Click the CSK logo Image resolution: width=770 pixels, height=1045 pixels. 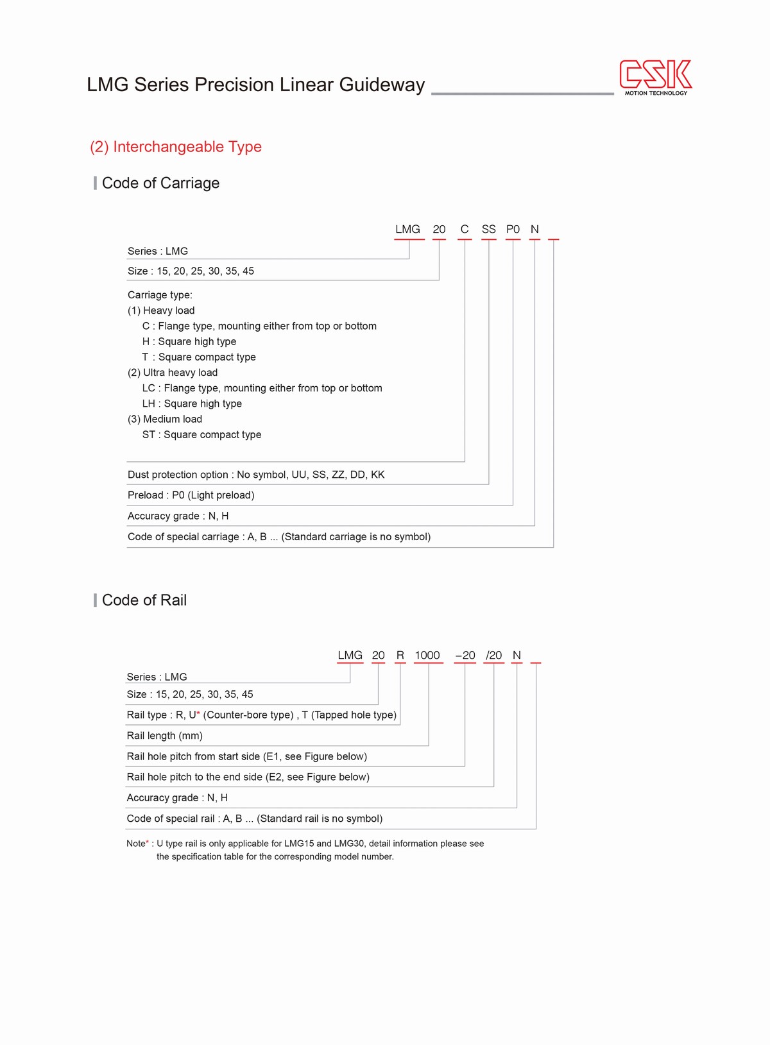click(x=655, y=76)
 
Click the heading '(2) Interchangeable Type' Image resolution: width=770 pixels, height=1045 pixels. click(x=176, y=147)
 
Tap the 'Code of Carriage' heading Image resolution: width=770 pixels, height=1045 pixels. click(x=160, y=183)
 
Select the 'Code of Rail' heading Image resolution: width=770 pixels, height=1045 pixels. click(x=144, y=600)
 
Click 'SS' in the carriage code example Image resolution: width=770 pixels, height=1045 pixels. click(x=488, y=230)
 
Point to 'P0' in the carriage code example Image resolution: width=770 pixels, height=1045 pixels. click(x=513, y=230)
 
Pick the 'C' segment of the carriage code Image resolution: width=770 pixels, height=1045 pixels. click(x=465, y=230)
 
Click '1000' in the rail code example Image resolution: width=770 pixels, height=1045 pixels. click(x=427, y=656)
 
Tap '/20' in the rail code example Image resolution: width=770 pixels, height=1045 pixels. click(x=493, y=656)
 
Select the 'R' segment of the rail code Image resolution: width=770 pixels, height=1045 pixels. click(x=400, y=656)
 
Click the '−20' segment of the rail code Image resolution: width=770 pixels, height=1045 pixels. click(x=465, y=656)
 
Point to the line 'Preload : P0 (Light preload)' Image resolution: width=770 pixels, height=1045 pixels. click(x=191, y=495)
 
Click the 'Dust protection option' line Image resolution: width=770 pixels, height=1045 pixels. click(x=256, y=475)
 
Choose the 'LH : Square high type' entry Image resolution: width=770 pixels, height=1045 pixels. click(x=192, y=404)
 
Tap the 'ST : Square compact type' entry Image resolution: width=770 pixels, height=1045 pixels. click(x=201, y=435)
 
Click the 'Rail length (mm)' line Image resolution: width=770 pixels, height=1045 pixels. click(x=165, y=736)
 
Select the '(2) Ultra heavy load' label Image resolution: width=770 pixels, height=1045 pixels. click(x=173, y=373)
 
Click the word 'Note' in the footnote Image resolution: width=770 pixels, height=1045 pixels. click(x=136, y=844)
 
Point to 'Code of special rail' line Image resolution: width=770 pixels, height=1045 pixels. click(x=255, y=819)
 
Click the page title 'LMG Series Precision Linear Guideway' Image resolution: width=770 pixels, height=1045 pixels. click(x=256, y=85)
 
